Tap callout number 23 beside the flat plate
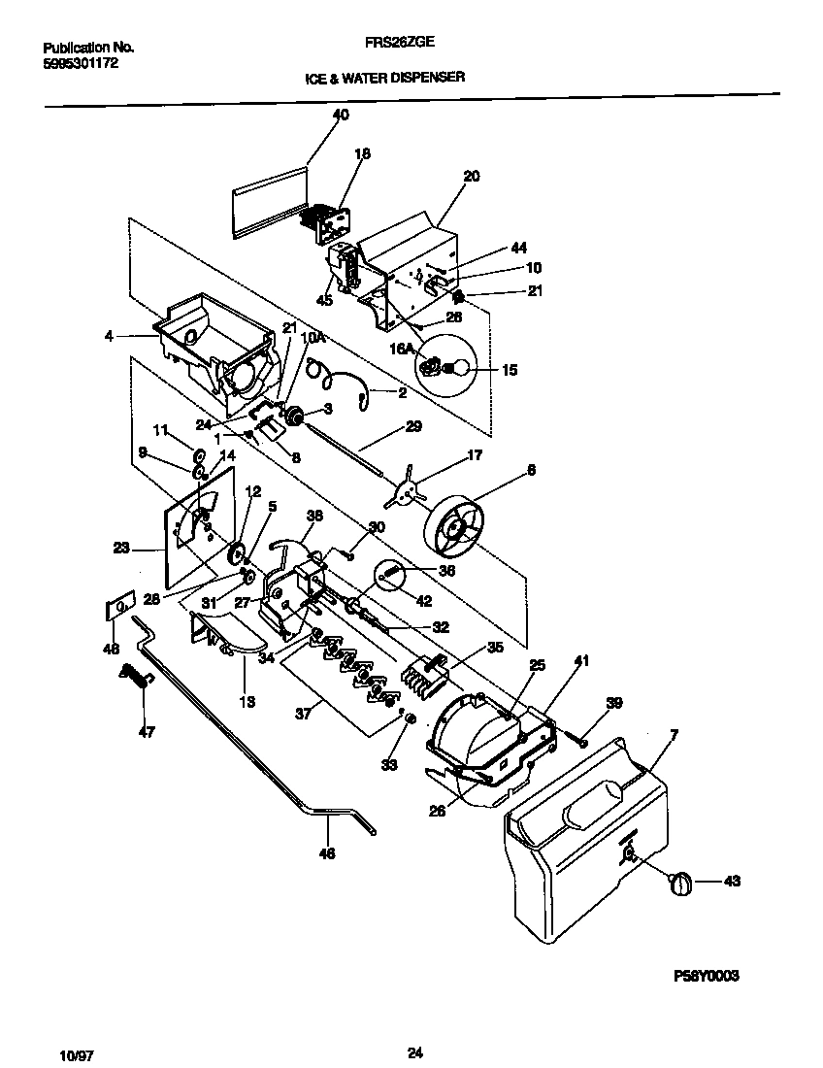tap(120, 548)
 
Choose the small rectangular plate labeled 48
tap(117, 610)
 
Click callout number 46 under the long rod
tap(327, 853)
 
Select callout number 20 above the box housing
tap(472, 177)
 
